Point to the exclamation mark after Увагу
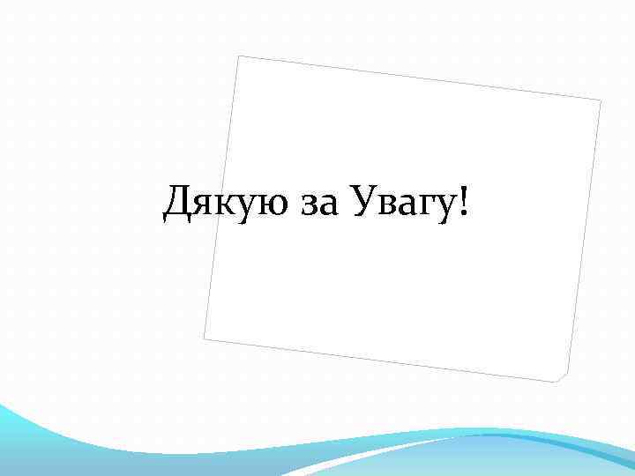[x=464, y=204]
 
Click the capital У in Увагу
[x=364, y=205]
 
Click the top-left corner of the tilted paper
[x=239, y=56]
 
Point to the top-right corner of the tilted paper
[x=601, y=100]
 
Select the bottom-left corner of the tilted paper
[x=204, y=338]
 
